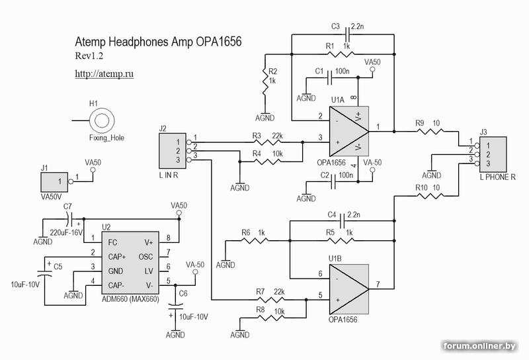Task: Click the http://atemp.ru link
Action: (104, 74)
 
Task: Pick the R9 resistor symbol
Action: (428, 132)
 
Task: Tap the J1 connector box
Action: (55, 180)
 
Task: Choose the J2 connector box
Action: (171, 150)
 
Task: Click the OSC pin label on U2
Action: (147, 255)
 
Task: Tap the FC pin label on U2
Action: (113, 242)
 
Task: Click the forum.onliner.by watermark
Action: (479, 346)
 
